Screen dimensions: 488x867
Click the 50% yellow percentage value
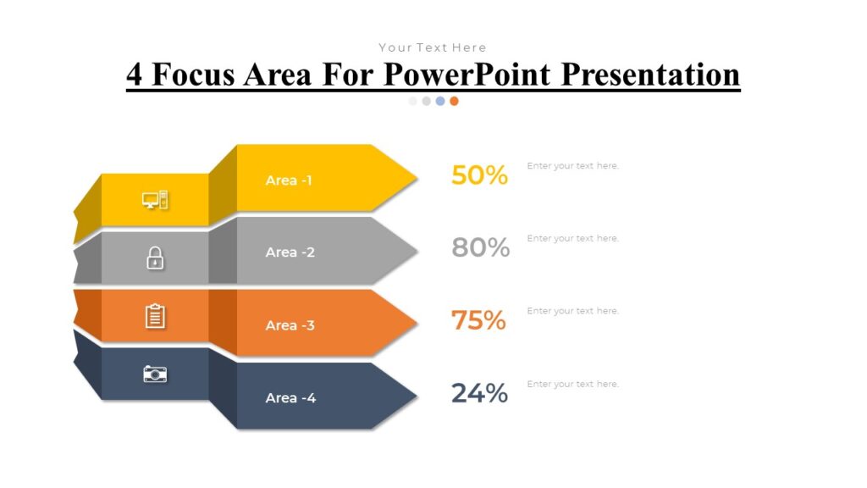pos(479,175)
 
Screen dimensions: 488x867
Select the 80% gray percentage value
pos(480,247)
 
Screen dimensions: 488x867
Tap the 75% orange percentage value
pos(478,320)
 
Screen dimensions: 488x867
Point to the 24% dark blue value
pos(479,393)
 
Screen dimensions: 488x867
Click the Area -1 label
pos(289,180)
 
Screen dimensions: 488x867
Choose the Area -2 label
pos(290,252)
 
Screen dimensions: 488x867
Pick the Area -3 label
pos(290,325)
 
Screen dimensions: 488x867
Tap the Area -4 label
pos(290,398)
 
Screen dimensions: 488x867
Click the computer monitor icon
pos(155,201)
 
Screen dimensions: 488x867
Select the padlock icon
pos(155,258)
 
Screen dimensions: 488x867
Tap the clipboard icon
pos(155,316)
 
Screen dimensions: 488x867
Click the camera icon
pos(155,374)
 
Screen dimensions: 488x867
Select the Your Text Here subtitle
pos(433,47)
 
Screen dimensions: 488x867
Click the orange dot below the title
pos(454,101)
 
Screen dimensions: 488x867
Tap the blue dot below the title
pos(440,101)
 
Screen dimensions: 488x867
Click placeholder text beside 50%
pos(572,166)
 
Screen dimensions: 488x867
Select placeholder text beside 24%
pos(572,385)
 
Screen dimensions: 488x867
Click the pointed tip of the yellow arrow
pos(415,179)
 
